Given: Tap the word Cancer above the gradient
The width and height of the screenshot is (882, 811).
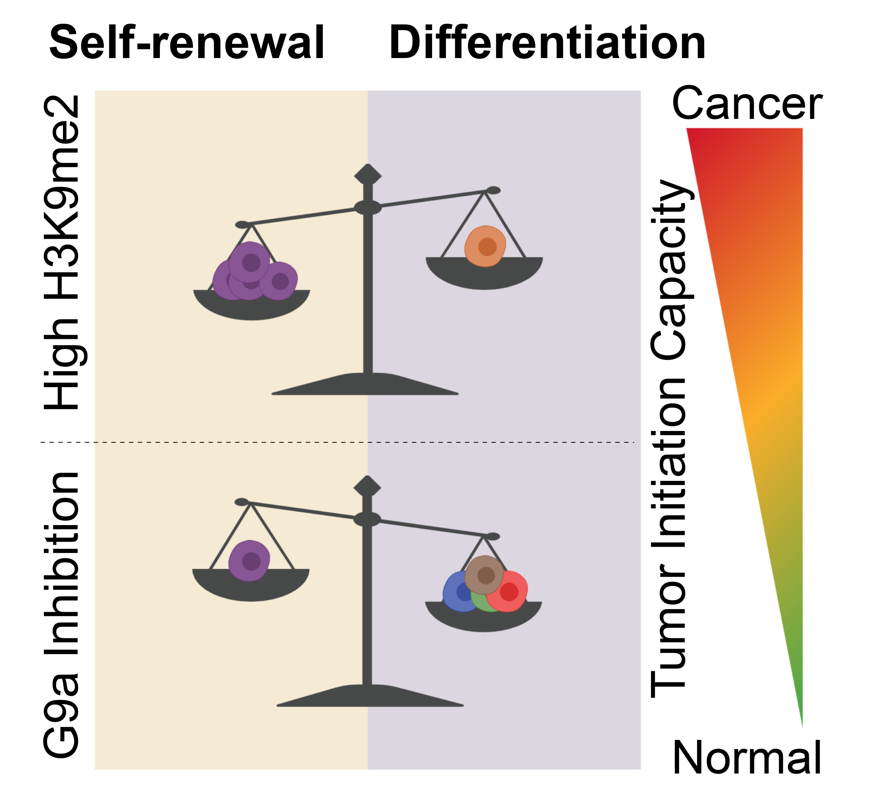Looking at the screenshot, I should (747, 104).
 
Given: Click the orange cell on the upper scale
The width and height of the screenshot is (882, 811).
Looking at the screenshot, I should (485, 246).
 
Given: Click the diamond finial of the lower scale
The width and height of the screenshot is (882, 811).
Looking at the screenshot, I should (367, 486).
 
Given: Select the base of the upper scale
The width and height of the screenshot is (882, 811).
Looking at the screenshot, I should (366, 385).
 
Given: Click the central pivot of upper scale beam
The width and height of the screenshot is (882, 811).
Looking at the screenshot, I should (367, 208).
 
